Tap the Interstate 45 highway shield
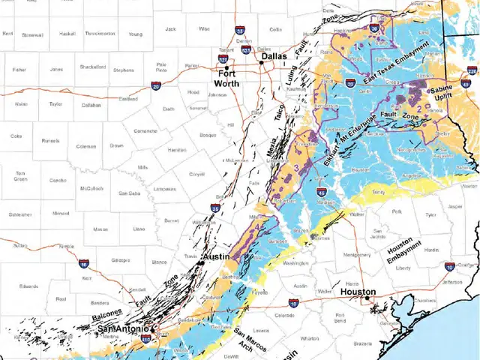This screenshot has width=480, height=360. pyautogui.click(x=322, y=193)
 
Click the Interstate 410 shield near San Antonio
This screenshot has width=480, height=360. pyautogui.click(x=145, y=339)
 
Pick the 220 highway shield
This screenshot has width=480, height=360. pyautogui.click(x=471, y=71)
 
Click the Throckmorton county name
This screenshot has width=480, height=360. pyautogui.click(x=100, y=34)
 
